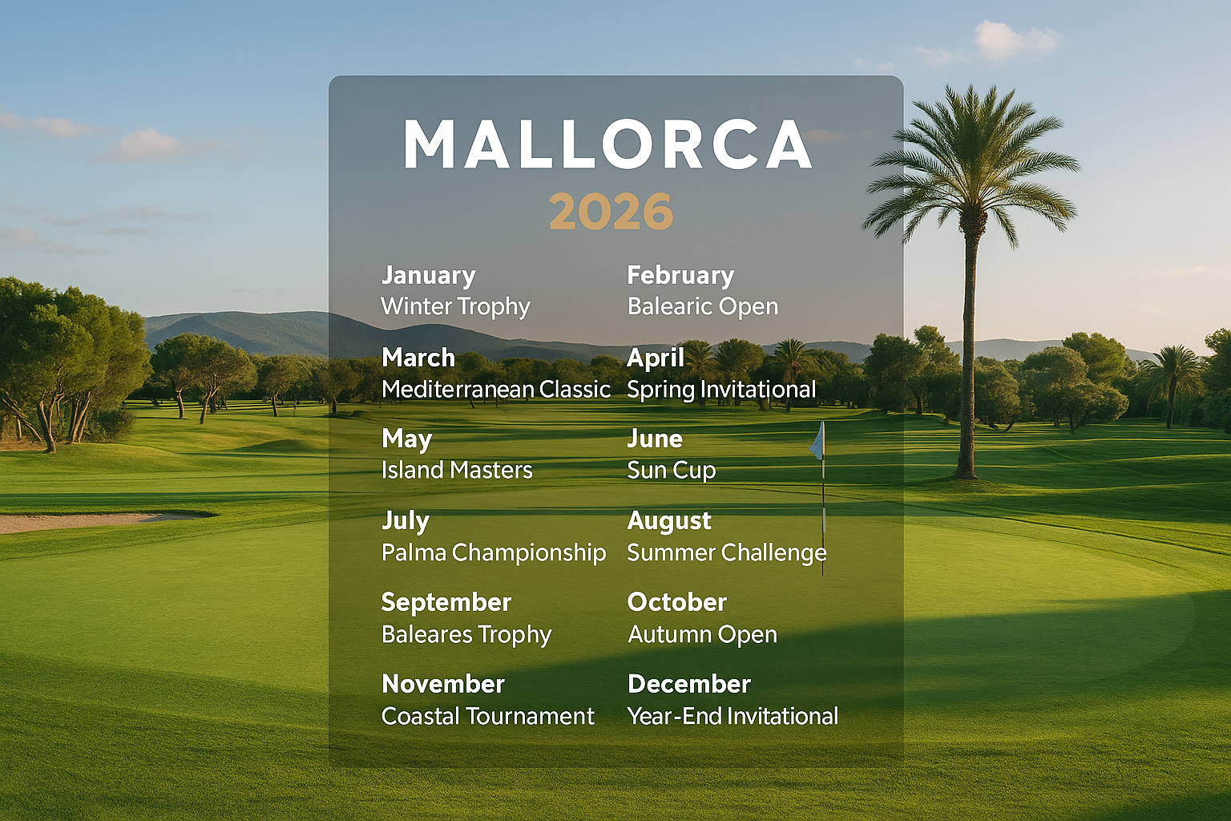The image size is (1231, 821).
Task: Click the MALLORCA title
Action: (608, 144)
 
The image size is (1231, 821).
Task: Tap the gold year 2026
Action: (611, 212)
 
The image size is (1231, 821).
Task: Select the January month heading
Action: (428, 275)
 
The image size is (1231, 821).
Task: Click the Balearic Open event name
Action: (703, 306)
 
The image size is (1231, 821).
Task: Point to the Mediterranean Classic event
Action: (496, 389)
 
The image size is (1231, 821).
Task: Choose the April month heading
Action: (656, 358)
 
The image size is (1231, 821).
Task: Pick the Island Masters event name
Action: (457, 470)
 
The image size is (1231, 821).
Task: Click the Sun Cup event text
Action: (672, 470)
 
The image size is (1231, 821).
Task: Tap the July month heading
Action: (406, 521)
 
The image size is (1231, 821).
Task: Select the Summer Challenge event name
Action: (727, 552)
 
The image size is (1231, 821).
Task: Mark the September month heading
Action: (446, 602)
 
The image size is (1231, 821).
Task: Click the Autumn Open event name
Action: (702, 634)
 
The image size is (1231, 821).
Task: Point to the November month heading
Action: (443, 684)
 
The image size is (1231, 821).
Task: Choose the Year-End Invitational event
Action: (733, 716)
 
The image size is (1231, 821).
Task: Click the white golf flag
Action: (817, 443)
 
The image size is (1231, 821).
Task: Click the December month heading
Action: (689, 684)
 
